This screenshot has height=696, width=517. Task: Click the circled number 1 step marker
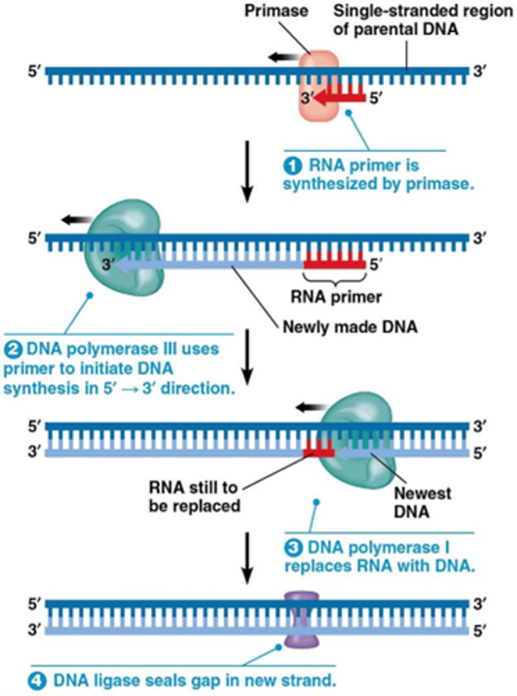(291, 166)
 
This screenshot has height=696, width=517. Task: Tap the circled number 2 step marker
(13, 350)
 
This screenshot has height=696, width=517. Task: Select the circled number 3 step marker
(292, 547)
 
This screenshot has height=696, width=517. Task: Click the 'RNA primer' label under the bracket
(337, 298)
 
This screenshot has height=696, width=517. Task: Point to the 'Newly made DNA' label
(349, 327)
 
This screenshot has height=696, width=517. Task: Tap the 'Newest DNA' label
(422, 502)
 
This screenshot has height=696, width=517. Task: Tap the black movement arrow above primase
(282, 56)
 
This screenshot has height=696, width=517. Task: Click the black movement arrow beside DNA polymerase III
(75, 219)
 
